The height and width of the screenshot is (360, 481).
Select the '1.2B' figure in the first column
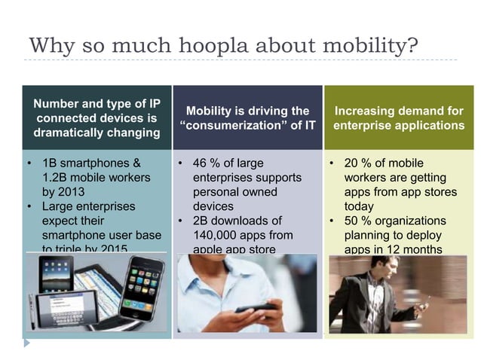[x=54, y=178]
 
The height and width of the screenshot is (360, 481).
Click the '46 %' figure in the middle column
[x=206, y=163]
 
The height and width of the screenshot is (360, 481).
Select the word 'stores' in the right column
[x=440, y=192]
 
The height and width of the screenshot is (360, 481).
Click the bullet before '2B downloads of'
[x=181, y=221]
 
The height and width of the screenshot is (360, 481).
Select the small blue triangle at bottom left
[x=26, y=342]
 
